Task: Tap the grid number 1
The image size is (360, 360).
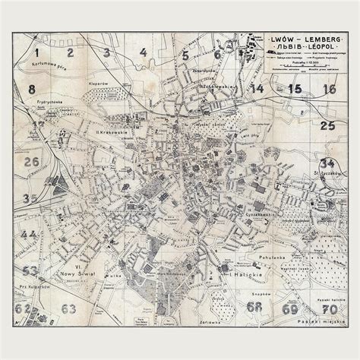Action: (36, 52)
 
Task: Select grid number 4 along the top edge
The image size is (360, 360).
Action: (144, 52)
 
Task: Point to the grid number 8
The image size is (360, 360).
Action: (32, 90)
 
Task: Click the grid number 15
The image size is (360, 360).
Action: (295, 89)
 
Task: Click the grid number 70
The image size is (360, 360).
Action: (328, 309)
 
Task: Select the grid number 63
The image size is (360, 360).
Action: (68, 308)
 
